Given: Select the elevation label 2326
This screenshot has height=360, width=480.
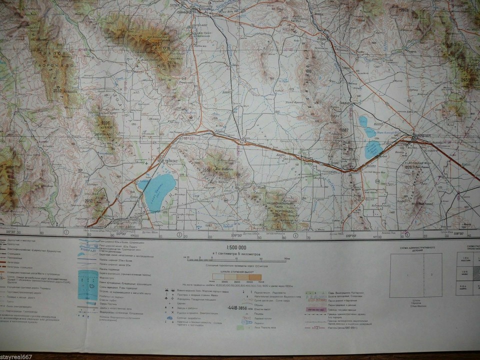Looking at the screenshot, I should pos(105,122).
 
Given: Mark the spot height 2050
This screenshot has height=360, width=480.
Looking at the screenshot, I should pos(89,200).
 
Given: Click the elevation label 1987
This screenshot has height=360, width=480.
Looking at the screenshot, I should pos(343,130).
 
